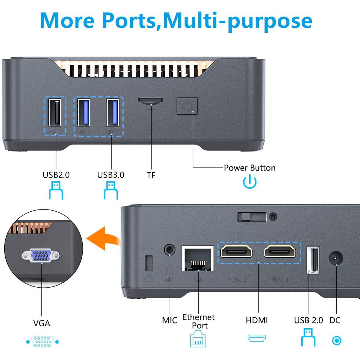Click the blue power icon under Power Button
pyautogui.click(x=250, y=181)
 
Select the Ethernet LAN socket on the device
pyautogui.click(x=198, y=259)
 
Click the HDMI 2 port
pyautogui.click(x=236, y=251)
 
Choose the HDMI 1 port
pyautogui.click(x=280, y=251)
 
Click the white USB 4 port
pyautogui.click(x=313, y=260)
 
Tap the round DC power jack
pyautogui.click(x=336, y=260)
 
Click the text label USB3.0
pyautogui.click(x=111, y=175)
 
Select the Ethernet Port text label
pyautogui.click(x=199, y=321)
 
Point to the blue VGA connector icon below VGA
pyautogui.click(x=42, y=341)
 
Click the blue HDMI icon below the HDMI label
pyautogui.click(x=257, y=338)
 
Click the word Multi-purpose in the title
pyautogui.click(x=238, y=20)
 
